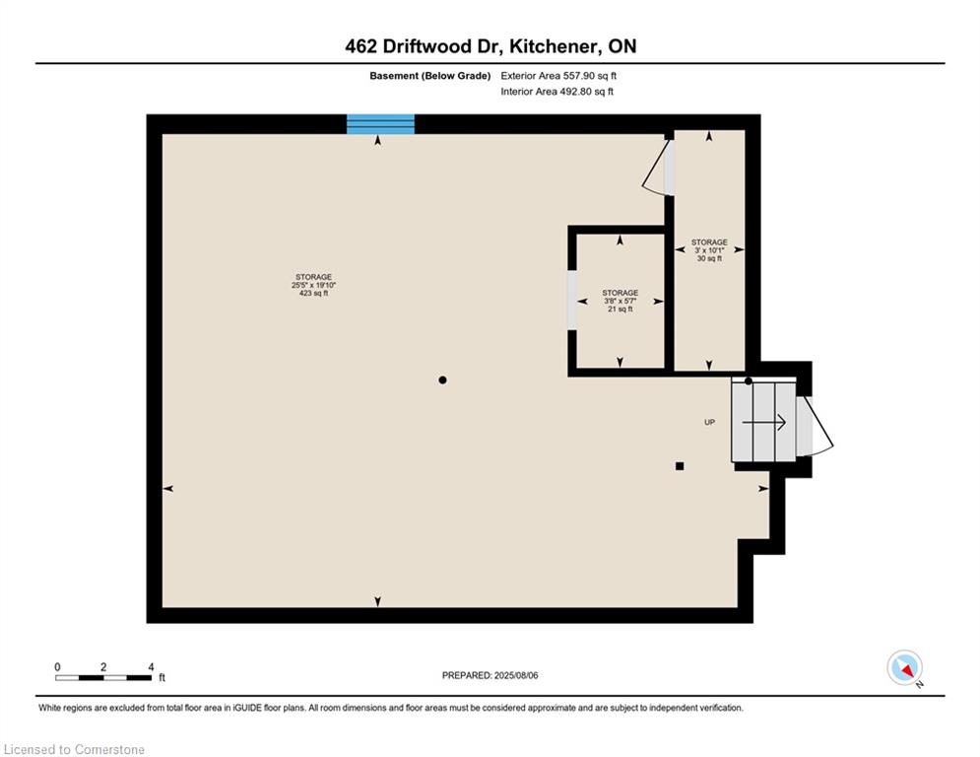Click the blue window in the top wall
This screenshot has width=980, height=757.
tap(380, 124)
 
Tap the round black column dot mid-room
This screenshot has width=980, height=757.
tap(442, 379)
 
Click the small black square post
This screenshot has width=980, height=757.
tap(680, 466)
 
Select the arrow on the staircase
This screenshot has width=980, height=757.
tap(763, 423)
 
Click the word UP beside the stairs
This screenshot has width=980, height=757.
tap(709, 422)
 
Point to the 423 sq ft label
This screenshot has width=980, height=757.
tap(314, 293)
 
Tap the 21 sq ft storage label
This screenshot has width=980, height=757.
tap(620, 310)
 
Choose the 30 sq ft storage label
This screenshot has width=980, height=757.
tap(709, 258)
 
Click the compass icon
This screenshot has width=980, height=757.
tap(904, 667)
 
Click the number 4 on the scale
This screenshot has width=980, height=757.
tap(152, 667)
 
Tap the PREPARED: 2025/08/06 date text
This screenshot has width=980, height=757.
tap(490, 675)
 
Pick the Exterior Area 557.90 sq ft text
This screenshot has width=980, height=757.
tap(558, 76)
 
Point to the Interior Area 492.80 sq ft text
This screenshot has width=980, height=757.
tap(556, 92)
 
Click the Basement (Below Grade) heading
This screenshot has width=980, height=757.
tap(430, 76)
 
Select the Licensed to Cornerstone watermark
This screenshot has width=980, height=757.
tap(74, 749)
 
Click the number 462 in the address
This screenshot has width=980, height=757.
tap(360, 46)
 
